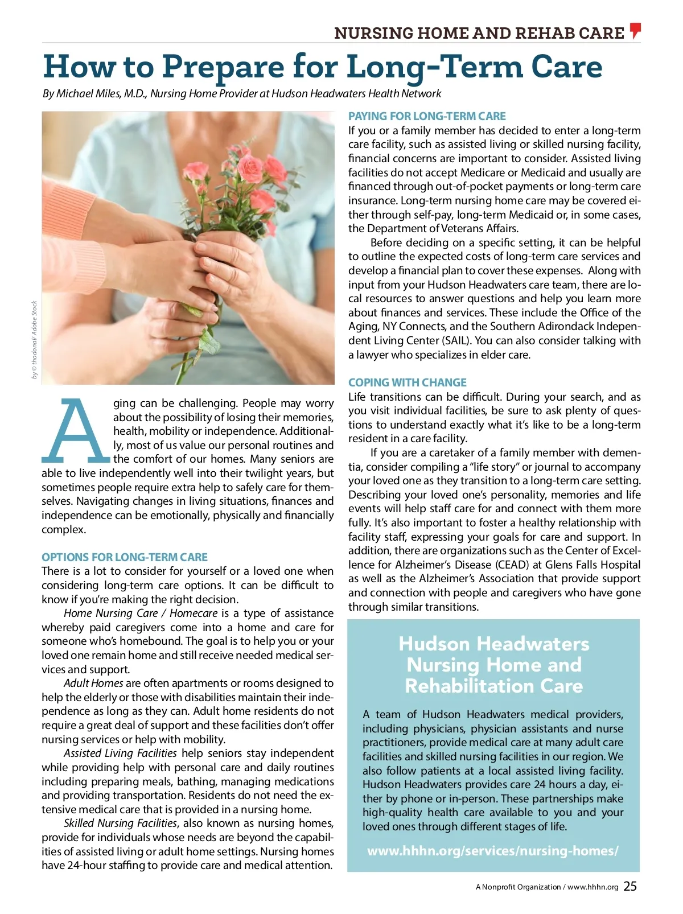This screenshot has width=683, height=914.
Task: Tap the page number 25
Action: click(x=630, y=886)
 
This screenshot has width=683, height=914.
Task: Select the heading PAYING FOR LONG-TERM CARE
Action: click(x=427, y=116)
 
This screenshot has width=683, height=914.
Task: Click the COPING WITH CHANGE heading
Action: click(x=408, y=382)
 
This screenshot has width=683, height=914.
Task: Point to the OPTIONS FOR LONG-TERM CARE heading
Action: click(x=125, y=557)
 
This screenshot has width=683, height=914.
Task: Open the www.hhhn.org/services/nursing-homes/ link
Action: click(x=493, y=851)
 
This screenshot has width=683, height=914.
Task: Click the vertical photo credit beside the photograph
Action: click(x=35, y=340)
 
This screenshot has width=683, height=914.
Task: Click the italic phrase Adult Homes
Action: click(x=93, y=683)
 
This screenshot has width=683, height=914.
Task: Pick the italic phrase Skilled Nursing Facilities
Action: click(x=121, y=823)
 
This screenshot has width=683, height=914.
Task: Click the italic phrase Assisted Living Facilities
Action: click(x=121, y=753)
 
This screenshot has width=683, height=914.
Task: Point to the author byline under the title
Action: click(x=242, y=93)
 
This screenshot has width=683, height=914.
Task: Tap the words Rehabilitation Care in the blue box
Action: click(x=493, y=686)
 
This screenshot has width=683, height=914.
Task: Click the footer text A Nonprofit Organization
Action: click(x=518, y=887)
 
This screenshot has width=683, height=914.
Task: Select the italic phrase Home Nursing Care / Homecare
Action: click(x=141, y=613)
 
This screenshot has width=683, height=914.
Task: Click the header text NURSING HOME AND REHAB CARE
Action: click(x=479, y=33)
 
